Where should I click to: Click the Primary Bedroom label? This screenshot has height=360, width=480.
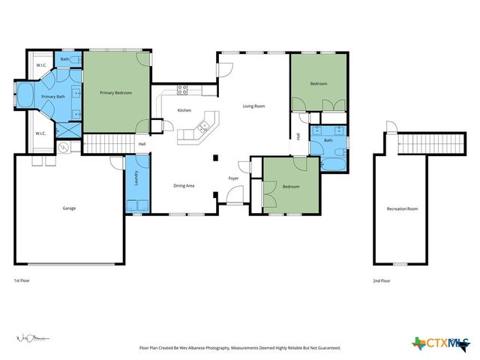coord(115,93)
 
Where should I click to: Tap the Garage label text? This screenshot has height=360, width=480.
coord(69,208)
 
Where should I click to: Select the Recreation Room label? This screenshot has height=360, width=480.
coord(402,208)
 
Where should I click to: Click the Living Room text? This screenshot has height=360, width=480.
coord(253,106)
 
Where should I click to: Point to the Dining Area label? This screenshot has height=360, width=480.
coord(184,185)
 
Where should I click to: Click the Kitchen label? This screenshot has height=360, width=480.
coord(184,110)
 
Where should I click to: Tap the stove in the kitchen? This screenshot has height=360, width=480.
coord(181,91)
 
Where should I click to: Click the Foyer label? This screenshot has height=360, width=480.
coord(234,178)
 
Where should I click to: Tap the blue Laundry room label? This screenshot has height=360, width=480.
coord(136,178)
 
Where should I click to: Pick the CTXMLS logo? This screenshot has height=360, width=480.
coord(438,343)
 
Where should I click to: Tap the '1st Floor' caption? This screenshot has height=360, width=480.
coord(22,280)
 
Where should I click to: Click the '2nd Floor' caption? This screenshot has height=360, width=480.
coord(382,280)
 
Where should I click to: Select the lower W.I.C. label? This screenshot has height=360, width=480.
coord(40,133)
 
